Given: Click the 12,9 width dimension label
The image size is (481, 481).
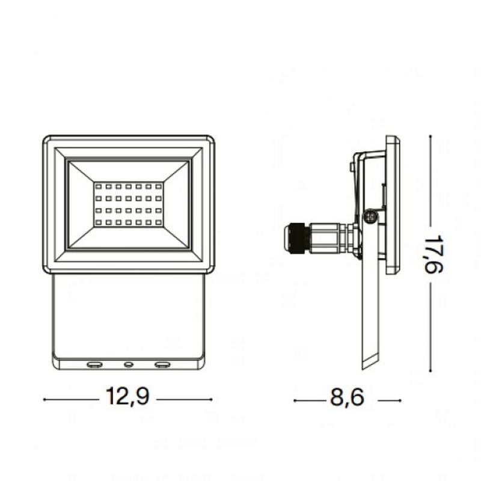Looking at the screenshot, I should point(127,397).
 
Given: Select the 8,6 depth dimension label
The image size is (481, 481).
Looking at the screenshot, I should point(347,399).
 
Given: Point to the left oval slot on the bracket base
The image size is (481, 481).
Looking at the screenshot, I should point(94,364).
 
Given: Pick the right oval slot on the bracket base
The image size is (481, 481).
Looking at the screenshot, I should point(162,364).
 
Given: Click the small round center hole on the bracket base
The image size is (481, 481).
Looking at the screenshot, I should point(128,364).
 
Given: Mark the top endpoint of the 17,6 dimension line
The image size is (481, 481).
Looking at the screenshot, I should point(430,136).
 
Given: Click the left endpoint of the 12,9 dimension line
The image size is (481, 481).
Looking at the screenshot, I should point(45,399).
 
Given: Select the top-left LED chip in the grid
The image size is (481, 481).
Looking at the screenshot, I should point(98,186).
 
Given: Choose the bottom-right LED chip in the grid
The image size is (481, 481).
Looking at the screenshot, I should point(159,223).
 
